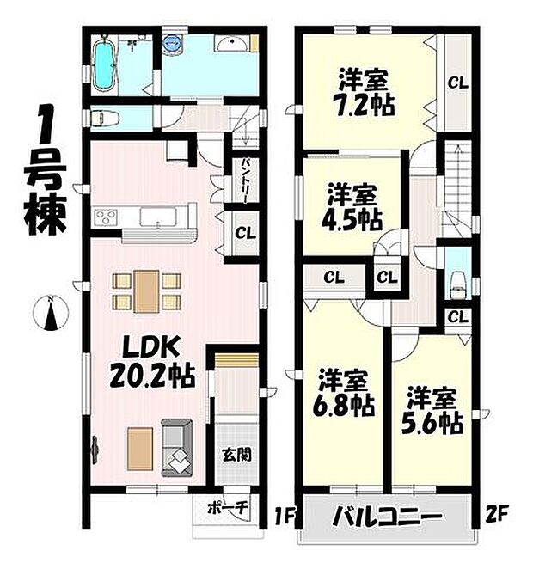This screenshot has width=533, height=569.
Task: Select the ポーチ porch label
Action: [228, 508]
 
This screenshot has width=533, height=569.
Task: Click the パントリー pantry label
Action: [246, 180]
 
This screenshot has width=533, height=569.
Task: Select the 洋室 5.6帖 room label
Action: [435, 411]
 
